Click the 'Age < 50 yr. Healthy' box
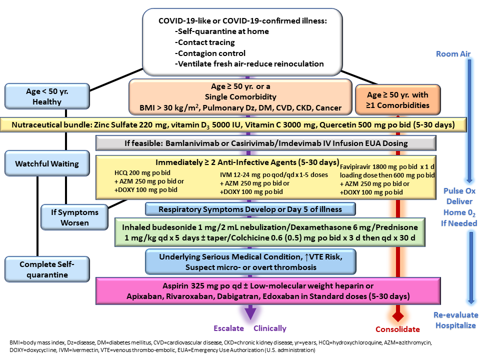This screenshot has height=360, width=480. click(x=47, y=96)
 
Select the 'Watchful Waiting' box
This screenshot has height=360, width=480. click(x=47, y=163)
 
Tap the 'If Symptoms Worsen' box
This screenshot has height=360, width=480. click(x=74, y=217)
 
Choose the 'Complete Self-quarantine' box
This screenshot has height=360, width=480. click(x=47, y=269)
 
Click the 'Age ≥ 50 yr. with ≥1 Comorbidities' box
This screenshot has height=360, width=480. click(x=397, y=100)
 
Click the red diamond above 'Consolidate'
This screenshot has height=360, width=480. click(x=398, y=316)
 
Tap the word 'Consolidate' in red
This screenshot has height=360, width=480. click(x=397, y=329)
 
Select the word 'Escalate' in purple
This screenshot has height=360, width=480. click(x=228, y=328)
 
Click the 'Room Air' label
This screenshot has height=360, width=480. click(x=453, y=54)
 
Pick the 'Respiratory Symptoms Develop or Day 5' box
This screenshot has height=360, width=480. click(x=250, y=209)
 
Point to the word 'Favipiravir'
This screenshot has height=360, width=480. click(x=355, y=167)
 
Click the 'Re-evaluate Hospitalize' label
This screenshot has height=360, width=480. click(x=456, y=320)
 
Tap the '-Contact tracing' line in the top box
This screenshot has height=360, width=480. click(x=205, y=42)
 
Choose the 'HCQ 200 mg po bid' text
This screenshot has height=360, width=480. click(x=142, y=173)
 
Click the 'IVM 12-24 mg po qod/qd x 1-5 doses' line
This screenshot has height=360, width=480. click(x=274, y=175)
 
